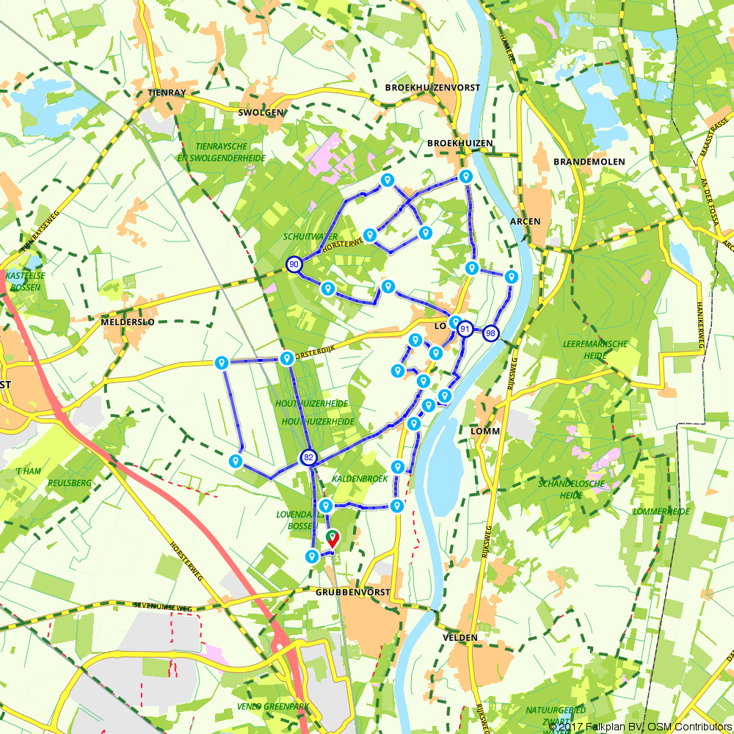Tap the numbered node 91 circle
(x=465, y=330)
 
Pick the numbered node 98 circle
(x=490, y=333)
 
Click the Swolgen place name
(x=261, y=112)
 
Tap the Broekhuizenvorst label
(x=432, y=87)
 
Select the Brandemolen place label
(x=589, y=161)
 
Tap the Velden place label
(x=460, y=638)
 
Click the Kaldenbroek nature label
(x=360, y=479)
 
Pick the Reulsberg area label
(x=69, y=482)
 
